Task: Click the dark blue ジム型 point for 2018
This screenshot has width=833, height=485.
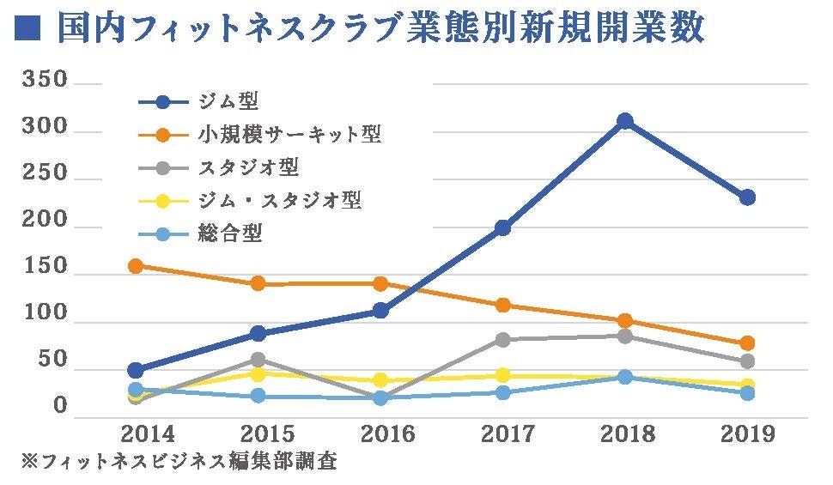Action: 625,121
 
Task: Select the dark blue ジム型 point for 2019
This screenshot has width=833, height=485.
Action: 747,197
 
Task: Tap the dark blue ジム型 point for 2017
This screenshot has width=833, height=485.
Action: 502,227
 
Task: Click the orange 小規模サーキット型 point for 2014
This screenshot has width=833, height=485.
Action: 136,266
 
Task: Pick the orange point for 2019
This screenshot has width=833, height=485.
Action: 747,343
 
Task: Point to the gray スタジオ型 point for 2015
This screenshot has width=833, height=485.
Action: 258,359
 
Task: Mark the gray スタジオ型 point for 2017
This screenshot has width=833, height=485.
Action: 502,340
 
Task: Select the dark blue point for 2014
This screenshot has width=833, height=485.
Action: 136,370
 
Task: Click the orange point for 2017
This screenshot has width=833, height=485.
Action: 502,305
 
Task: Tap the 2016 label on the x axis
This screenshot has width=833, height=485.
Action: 380,433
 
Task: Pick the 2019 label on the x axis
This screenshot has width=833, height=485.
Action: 747,433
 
